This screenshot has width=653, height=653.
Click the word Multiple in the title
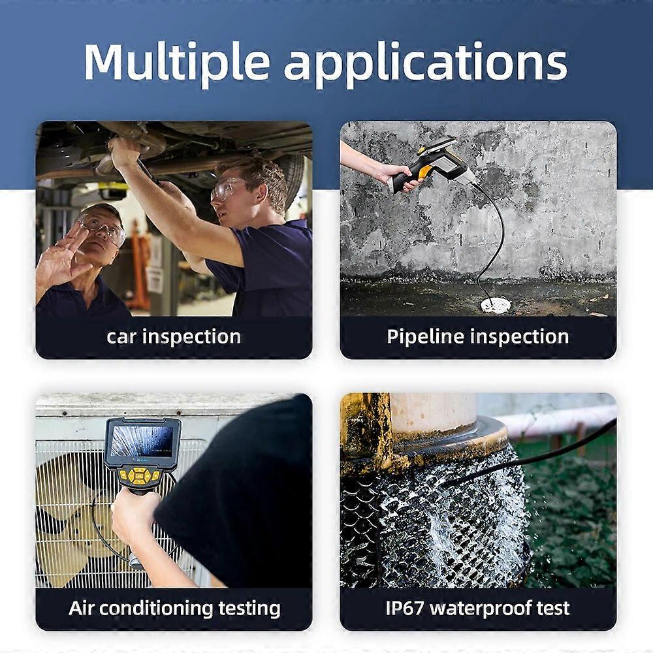click(177, 63)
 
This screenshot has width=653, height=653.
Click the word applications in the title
click(426, 65)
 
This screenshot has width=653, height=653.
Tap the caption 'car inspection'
click(174, 337)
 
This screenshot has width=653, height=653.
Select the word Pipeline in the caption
click(426, 337)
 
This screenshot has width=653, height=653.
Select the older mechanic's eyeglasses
click(102, 227)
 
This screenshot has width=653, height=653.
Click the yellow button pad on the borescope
click(137, 475)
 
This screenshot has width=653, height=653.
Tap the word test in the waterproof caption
click(553, 608)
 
